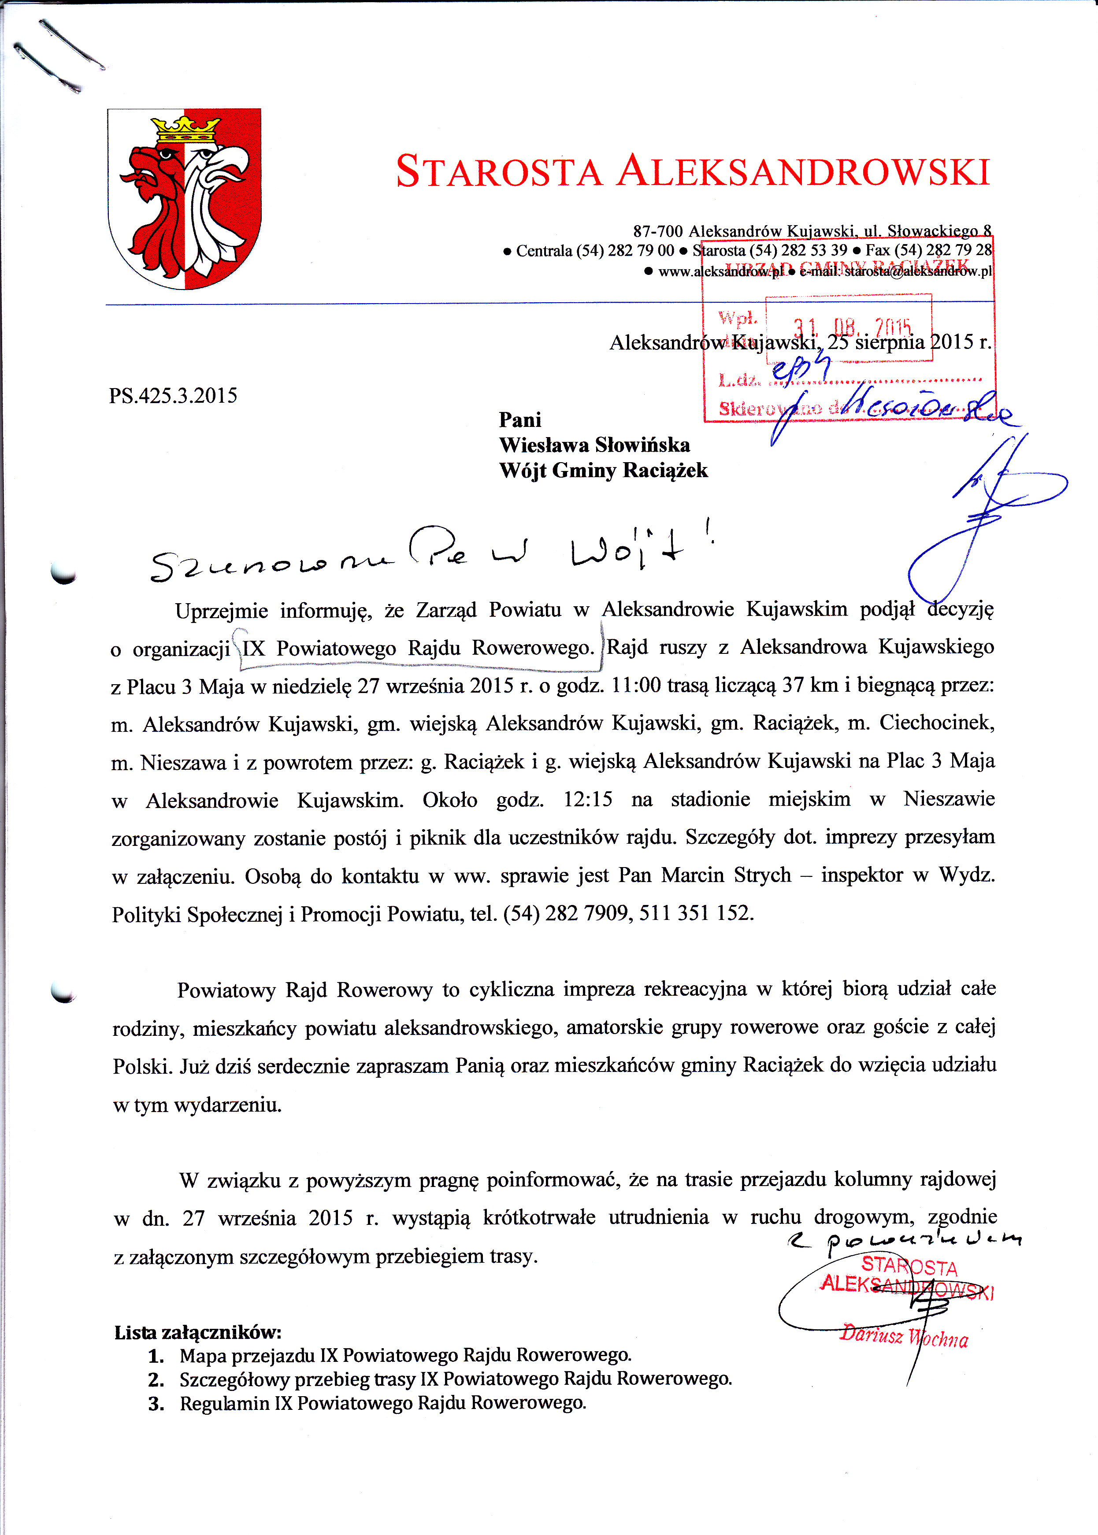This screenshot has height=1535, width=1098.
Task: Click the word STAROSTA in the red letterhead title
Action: click(x=498, y=171)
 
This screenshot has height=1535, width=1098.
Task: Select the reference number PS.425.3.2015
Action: click(x=173, y=395)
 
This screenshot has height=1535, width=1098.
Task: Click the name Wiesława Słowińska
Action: click(x=594, y=445)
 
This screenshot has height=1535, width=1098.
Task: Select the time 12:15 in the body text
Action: click(x=587, y=800)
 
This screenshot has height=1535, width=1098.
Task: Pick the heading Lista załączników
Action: click(x=197, y=1332)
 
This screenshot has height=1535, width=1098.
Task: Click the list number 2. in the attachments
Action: click(x=156, y=1379)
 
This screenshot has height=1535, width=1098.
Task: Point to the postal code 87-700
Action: click(x=657, y=232)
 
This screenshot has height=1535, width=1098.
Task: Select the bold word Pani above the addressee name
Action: click(x=520, y=420)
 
